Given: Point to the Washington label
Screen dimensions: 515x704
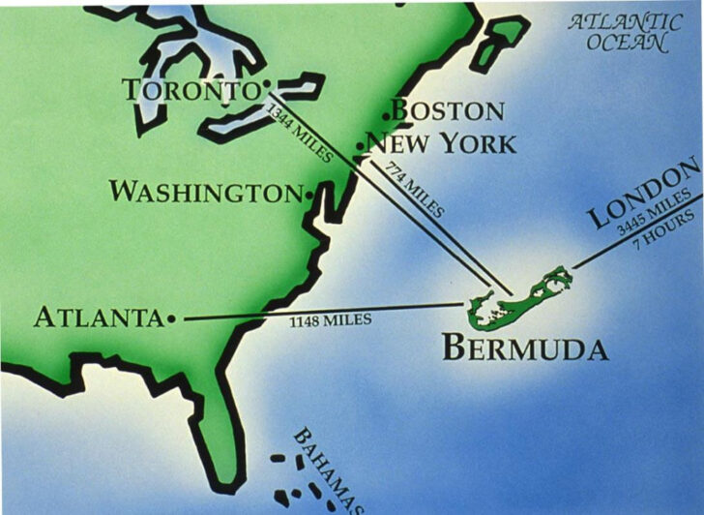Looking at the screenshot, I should [205, 192].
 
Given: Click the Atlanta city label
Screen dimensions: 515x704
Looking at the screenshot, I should [98, 318].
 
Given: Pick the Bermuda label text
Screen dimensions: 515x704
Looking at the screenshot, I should [525, 348].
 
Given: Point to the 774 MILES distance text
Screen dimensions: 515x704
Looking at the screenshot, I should [415, 190].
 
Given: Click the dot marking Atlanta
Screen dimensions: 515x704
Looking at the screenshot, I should [171, 318].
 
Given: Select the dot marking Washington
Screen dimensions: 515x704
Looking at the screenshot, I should [309, 195].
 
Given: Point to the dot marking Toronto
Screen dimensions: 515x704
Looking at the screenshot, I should [266, 85].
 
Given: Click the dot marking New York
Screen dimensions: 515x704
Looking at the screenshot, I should [360, 147].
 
